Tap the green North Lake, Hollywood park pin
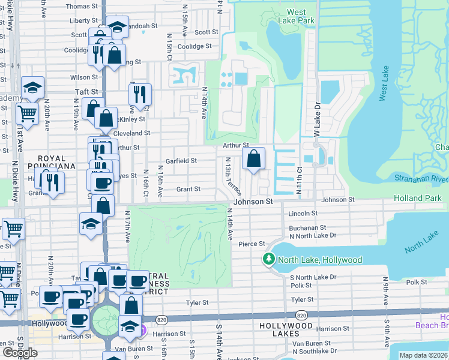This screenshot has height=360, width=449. point(268,259)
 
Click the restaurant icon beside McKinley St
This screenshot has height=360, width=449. point(140,94)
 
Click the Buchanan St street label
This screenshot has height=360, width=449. point(307,228)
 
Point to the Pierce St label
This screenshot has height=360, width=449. point(252,244)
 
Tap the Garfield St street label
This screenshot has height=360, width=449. point(181,161)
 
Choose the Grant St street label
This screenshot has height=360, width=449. point(188,189)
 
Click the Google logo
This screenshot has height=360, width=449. point(20,352)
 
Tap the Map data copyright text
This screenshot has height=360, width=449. point(423,355)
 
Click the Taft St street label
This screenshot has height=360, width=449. point(86,91)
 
